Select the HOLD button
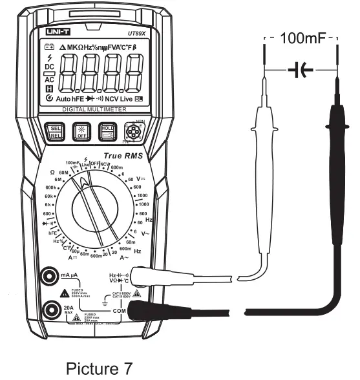[108, 131]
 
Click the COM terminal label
[120, 311]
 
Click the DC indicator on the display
[49, 67]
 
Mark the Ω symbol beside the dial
[52, 172]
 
